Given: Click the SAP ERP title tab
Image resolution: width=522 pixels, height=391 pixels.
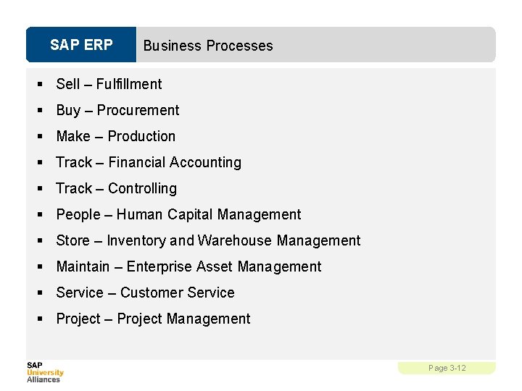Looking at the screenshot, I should [81, 45].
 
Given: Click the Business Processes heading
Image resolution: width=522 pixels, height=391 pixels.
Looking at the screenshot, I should [208, 46].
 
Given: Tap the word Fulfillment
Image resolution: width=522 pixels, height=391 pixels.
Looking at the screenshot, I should [129, 84].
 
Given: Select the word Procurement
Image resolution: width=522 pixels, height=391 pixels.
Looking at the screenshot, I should [138, 110].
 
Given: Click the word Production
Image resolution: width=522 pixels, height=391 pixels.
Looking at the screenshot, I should [141, 136].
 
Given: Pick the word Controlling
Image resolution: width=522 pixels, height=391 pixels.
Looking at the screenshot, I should [142, 188].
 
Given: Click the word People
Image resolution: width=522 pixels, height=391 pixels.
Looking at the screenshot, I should [78, 214].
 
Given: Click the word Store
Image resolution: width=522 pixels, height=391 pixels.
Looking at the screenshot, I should [73, 240].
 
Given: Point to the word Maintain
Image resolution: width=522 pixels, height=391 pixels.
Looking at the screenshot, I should [83, 266].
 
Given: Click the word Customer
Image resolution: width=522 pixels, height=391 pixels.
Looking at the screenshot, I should [148, 293].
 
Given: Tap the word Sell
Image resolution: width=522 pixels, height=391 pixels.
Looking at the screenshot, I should [68, 84].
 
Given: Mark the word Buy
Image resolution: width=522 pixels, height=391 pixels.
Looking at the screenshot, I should [68, 110].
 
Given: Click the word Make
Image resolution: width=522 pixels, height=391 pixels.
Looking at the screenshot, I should [73, 136].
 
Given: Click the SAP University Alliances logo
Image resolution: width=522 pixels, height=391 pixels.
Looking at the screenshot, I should [45, 371].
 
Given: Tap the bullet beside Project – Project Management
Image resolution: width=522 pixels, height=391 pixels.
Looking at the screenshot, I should [41, 319].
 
